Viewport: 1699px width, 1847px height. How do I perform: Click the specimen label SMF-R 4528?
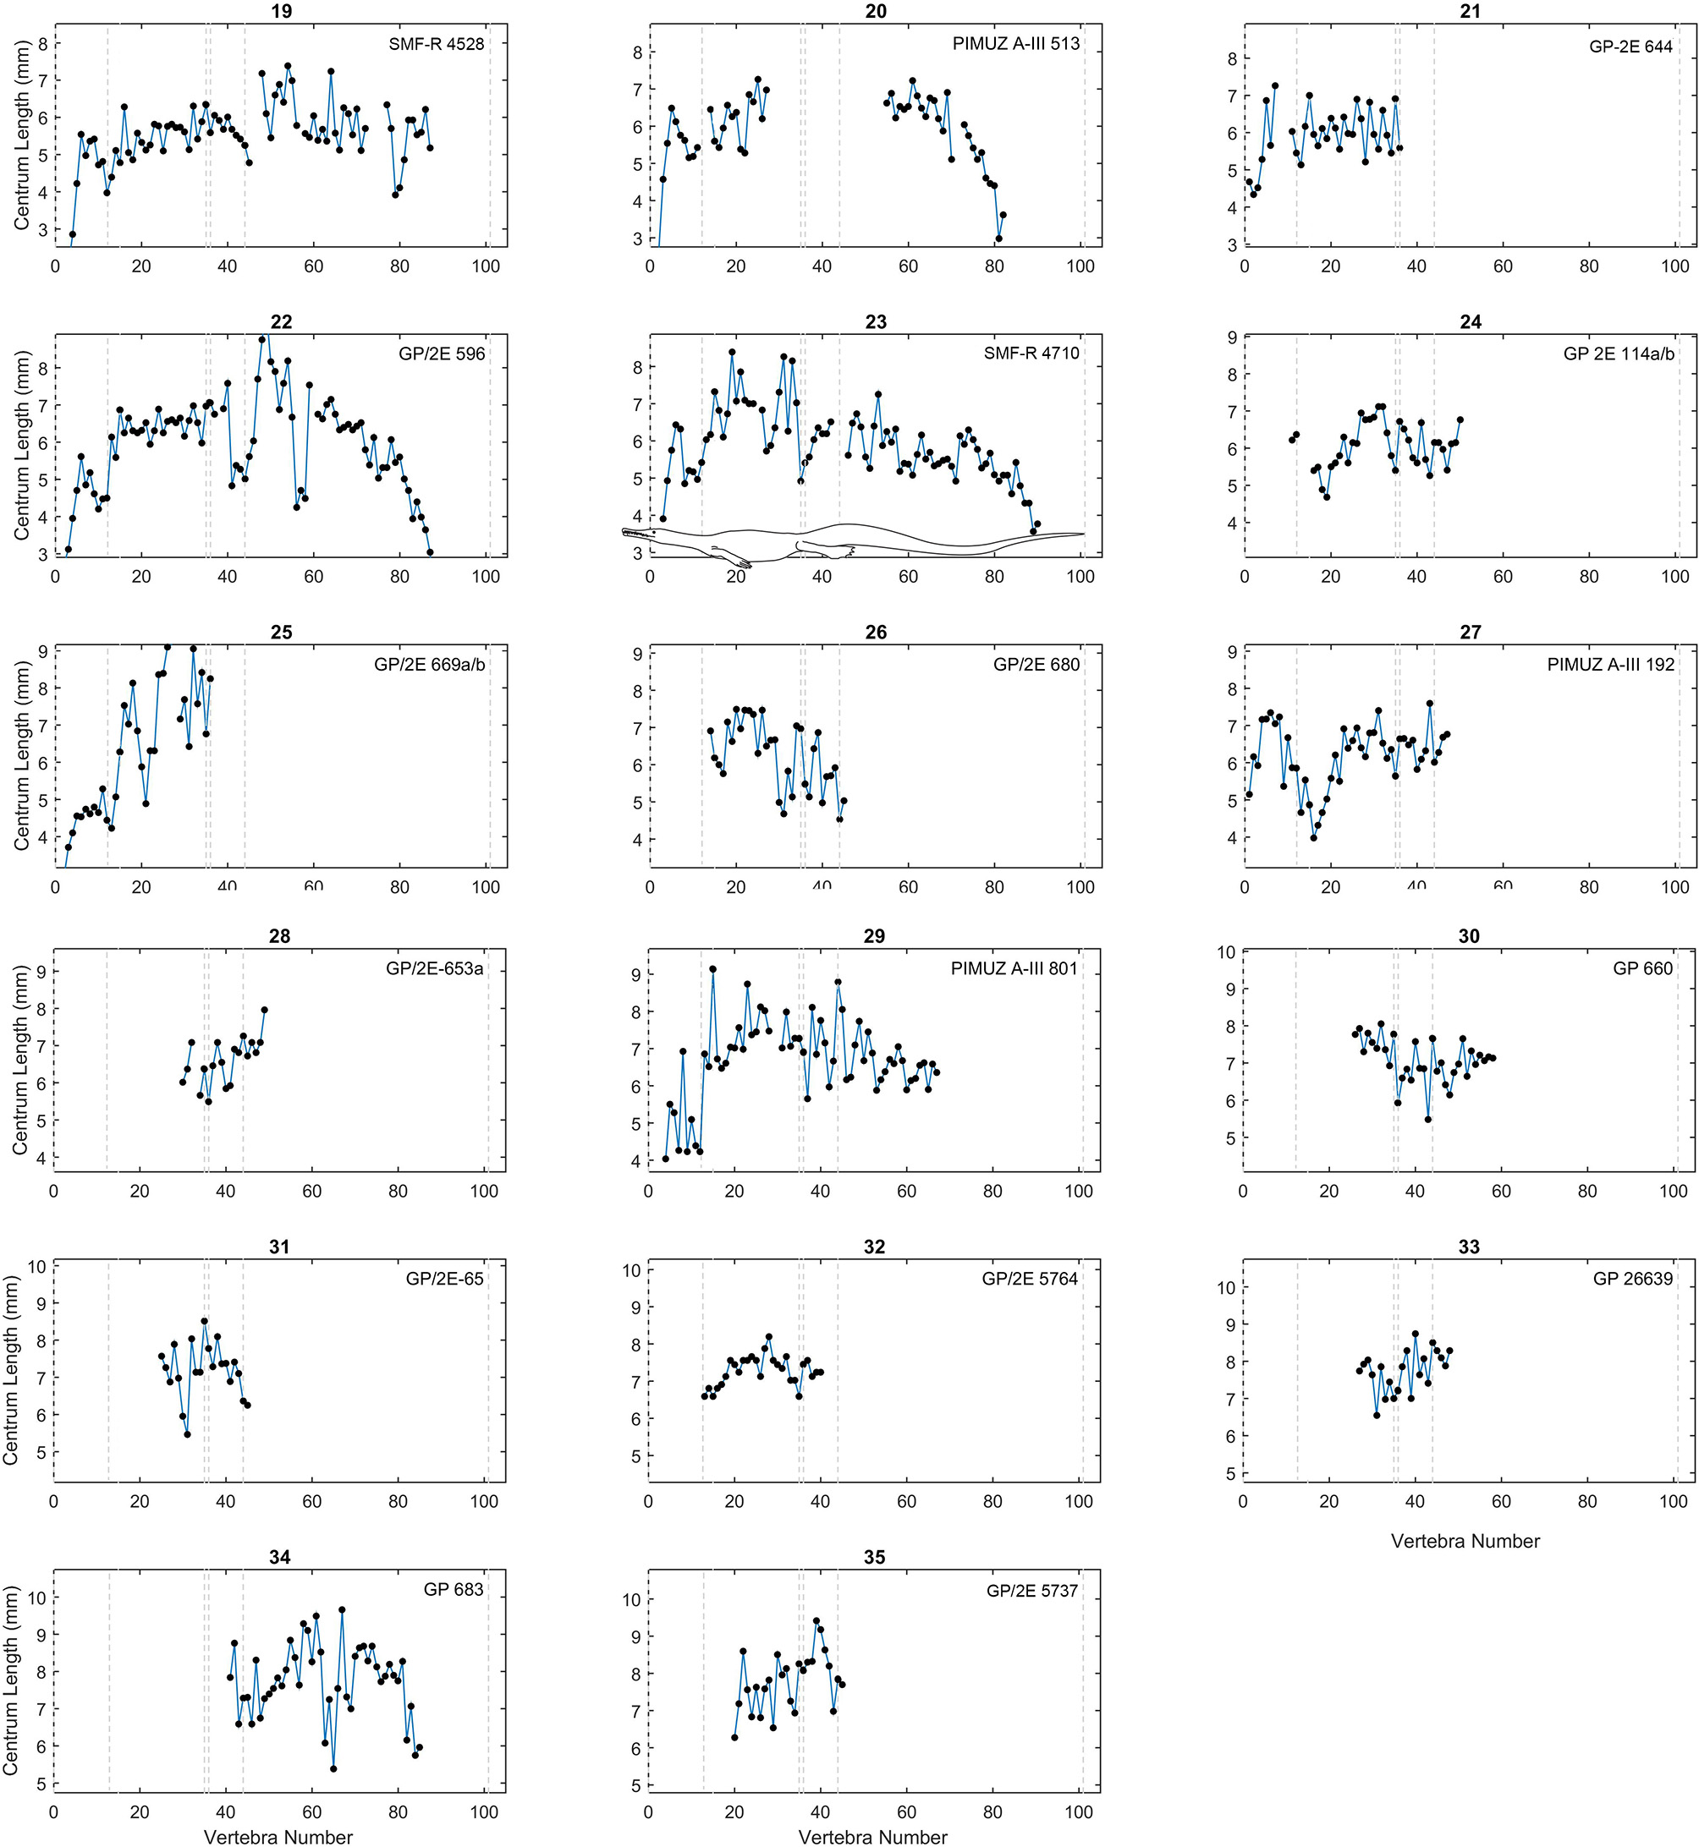436,44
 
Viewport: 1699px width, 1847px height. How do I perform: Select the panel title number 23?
875,321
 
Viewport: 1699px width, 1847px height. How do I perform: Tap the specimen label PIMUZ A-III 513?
1015,44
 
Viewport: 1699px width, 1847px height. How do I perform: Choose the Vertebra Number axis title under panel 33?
1465,1541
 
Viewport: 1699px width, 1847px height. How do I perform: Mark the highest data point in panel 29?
712,969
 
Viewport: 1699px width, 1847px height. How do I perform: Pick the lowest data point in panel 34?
333,1769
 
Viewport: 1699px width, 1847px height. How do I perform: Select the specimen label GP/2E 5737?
1031,1591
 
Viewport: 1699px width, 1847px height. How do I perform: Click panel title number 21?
1469,11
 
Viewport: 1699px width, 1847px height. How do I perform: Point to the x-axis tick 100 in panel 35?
1079,1812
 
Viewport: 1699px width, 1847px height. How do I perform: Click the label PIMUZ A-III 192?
1610,665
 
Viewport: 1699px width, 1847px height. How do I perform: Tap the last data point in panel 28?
264,1010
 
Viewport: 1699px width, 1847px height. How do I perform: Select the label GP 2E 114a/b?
1618,354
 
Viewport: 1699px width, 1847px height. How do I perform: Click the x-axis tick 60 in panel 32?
906,1501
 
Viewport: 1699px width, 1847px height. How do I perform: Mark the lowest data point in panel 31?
187,1434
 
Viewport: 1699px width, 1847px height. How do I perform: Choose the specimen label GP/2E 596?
442,354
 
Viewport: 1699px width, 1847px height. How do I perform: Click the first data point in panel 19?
73,234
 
